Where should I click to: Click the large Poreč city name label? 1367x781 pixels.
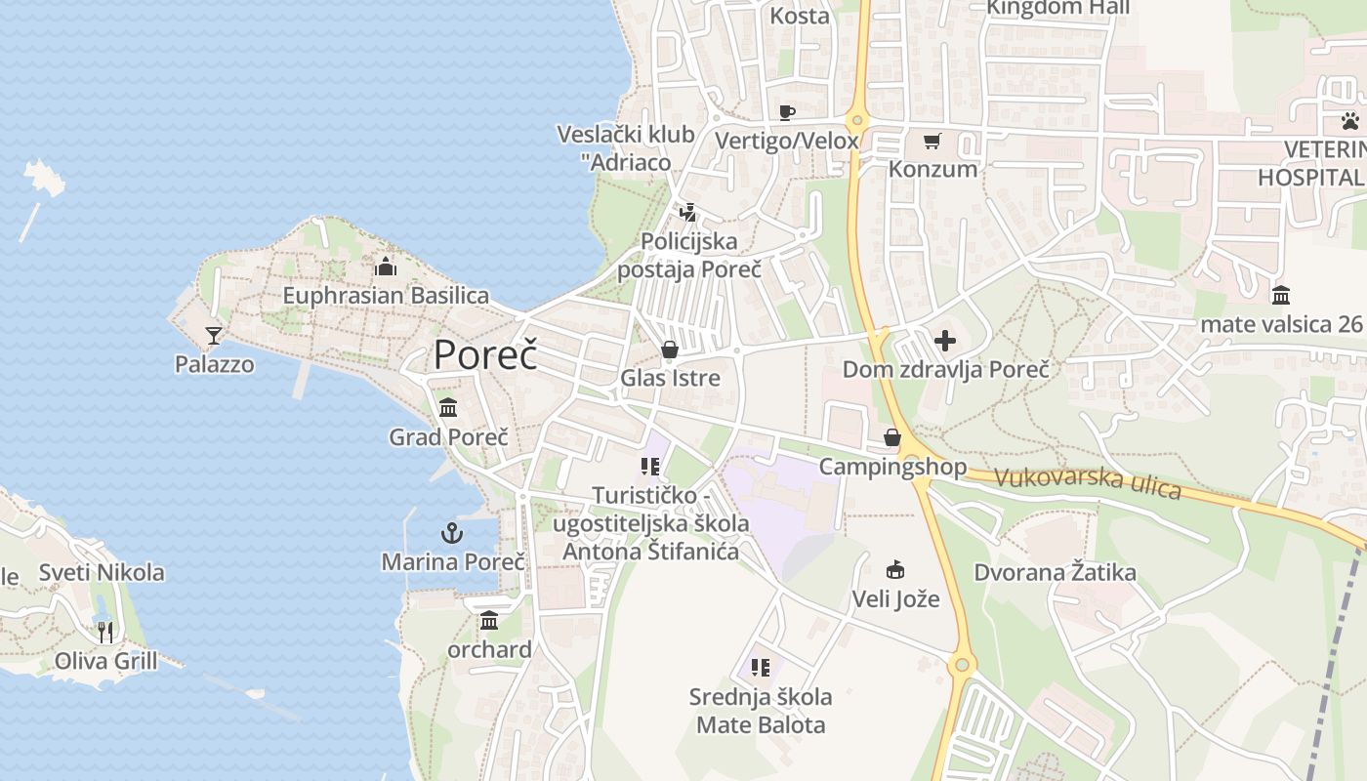(485, 354)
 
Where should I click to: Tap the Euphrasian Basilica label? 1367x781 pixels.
(386, 295)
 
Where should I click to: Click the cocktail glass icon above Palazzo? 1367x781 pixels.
(214, 336)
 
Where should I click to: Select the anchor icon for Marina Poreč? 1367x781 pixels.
(451, 533)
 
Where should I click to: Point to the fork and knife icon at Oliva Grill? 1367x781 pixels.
(105, 633)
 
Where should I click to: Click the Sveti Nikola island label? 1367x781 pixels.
(102, 572)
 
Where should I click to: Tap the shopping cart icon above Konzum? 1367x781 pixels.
(932, 142)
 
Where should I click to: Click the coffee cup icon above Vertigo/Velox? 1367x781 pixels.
(787, 112)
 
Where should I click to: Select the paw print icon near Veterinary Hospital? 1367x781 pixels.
(1349, 121)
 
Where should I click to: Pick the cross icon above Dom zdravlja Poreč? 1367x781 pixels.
(945, 341)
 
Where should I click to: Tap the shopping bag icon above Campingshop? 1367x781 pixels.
(891, 437)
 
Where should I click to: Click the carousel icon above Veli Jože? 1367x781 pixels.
(894, 569)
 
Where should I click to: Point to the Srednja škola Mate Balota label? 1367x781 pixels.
(761, 711)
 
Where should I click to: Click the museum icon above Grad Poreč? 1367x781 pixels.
(448, 407)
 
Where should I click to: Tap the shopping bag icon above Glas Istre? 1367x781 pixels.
(670, 349)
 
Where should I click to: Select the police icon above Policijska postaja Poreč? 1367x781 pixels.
(688, 212)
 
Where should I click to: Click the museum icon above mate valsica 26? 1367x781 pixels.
(1280, 295)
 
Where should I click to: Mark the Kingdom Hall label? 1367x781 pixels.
(1057, 8)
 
